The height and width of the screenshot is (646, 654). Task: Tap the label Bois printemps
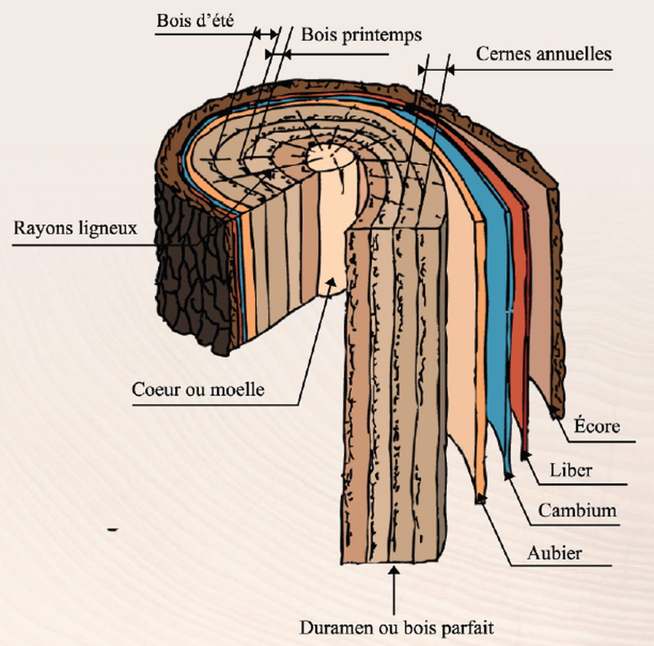[x=361, y=35]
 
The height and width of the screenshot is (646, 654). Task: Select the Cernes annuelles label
[x=544, y=54]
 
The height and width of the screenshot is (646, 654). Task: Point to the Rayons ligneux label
[x=75, y=228]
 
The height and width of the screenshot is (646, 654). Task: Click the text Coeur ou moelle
[x=198, y=389]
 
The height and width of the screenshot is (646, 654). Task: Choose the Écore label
[x=597, y=426]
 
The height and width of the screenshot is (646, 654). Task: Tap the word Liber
[x=571, y=471]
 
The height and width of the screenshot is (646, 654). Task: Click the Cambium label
[x=577, y=511]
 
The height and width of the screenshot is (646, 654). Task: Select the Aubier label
[x=554, y=553]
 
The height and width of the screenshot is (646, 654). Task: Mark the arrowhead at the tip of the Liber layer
[x=525, y=455]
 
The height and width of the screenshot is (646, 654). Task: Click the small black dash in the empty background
[x=113, y=529]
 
